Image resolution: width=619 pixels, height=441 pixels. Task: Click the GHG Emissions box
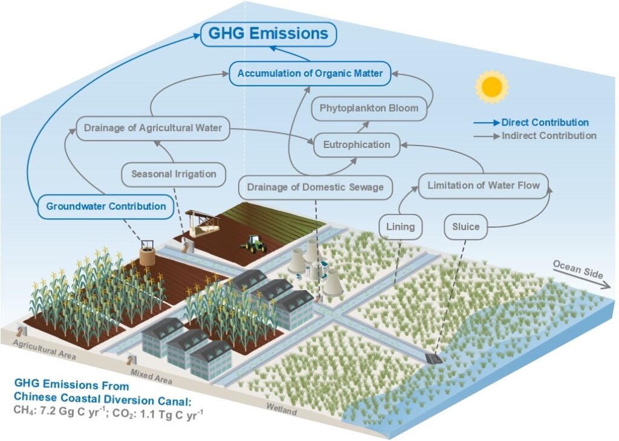[268, 34]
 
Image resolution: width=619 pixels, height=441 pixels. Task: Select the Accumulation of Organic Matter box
[310, 73]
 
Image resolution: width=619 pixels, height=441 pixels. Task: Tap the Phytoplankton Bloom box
[369, 109]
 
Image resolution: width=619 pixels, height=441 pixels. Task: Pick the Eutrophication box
[357, 145]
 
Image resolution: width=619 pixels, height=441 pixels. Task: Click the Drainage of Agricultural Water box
[153, 128]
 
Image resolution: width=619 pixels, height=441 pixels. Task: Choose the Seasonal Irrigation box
[173, 175]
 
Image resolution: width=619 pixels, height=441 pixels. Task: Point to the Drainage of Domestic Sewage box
[316, 187]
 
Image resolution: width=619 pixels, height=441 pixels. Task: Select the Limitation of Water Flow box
[484, 185]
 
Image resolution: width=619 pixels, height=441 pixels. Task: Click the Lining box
[400, 227]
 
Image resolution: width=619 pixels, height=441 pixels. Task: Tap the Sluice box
[466, 227]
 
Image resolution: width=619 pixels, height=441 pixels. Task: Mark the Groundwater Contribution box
[106, 206]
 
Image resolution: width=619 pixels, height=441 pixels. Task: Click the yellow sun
[492, 87]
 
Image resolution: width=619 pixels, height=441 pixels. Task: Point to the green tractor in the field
[253, 244]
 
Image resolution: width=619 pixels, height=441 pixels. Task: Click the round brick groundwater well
[147, 254]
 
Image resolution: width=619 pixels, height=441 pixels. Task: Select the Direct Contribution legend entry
[531, 123]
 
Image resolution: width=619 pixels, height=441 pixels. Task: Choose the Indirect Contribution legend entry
[535, 136]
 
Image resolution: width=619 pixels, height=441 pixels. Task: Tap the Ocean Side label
[578, 269]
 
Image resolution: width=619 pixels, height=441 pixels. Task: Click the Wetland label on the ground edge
[282, 409]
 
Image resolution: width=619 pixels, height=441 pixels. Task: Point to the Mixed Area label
[151, 377]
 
